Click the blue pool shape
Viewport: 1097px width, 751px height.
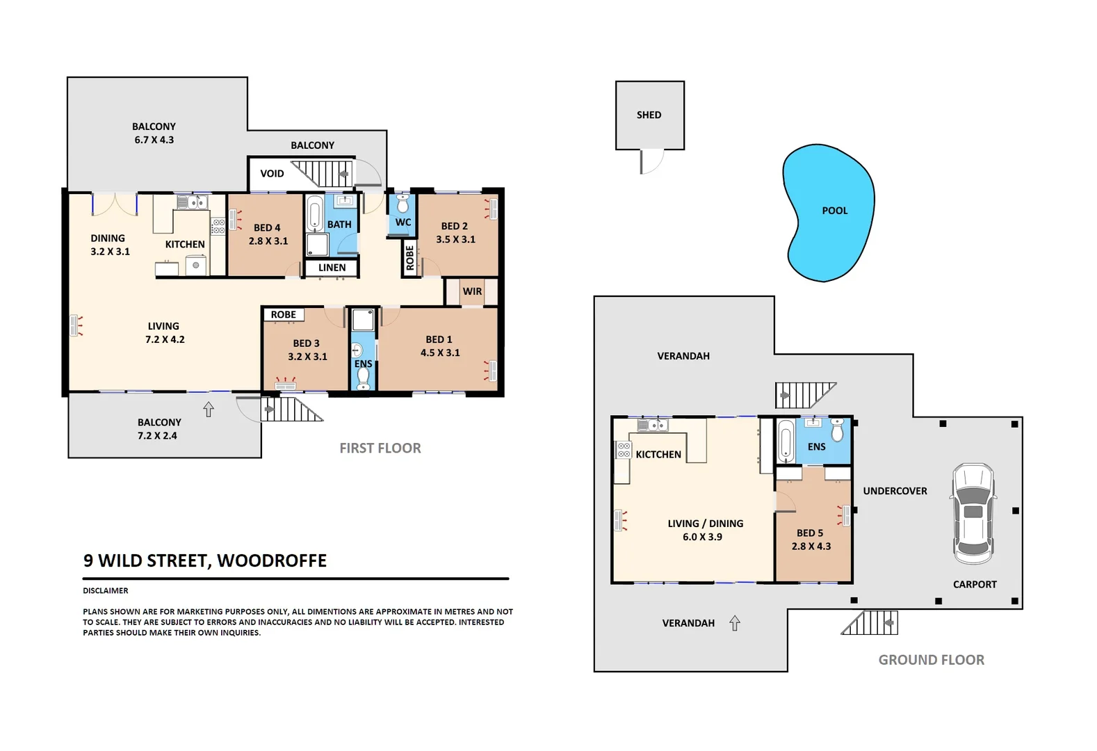pyautogui.click(x=827, y=212)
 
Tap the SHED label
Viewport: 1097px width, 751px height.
pyautogui.click(x=649, y=115)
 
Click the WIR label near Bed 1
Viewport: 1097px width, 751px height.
pyautogui.click(x=472, y=291)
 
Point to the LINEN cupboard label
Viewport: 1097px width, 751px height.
pyautogui.click(x=332, y=268)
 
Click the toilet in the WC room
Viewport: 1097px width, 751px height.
pyautogui.click(x=403, y=204)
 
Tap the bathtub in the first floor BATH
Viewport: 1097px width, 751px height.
pyautogui.click(x=314, y=213)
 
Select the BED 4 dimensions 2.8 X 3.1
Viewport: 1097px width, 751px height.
pyautogui.click(x=268, y=241)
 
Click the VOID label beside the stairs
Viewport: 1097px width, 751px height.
pyautogui.click(x=272, y=174)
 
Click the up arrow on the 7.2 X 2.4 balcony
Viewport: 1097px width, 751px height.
pyautogui.click(x=209, y=410)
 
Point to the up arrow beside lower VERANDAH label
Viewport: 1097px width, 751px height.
pyautogui.click(x=735, y=623)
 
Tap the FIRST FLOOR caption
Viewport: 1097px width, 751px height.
pyautogui.click(x=380, y=449)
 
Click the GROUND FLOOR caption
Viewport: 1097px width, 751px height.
pyautogui.click(x=931, y=660)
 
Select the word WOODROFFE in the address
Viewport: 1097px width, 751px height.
pyautogui.click(x=272, y=561)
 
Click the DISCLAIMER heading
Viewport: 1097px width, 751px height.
pyautogui.click(x=106, y=591)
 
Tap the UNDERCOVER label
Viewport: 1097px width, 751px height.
pyautogui.click(x=895, y=491)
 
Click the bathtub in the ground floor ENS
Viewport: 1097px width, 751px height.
pyautogui.click(x=786, y=441)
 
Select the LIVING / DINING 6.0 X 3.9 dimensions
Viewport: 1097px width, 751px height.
pyautogui.click(x=702, y=537)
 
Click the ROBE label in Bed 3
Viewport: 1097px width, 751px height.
pyautogui.click(x=283, y=315)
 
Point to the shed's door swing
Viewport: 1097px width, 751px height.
pyautogui.click(x=652, y=162)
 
